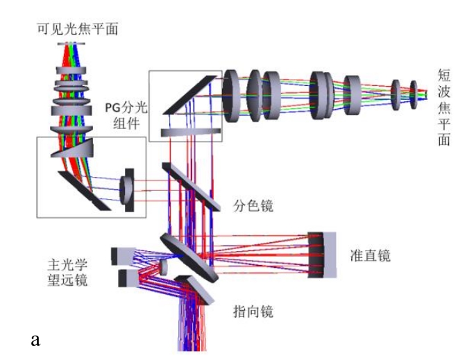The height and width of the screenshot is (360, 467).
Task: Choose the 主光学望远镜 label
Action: tap(68, 273)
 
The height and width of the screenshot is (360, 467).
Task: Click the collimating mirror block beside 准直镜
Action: tap(321, 255)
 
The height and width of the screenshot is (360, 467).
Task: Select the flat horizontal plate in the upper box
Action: tap(190, 132)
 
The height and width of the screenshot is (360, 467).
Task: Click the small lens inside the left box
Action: tap(127, 186)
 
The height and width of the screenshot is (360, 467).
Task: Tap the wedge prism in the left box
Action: tap(75, 149)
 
